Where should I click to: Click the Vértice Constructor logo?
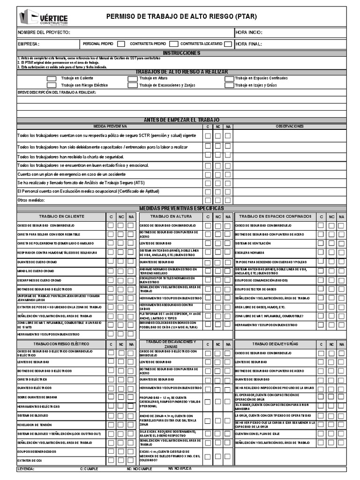tap(44, 18)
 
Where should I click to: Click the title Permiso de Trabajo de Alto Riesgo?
tap(181, 17)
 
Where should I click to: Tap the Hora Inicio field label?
tap(249, 32)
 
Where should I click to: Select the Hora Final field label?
tap(249, 44)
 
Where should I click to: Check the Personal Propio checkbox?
tap(121, 44)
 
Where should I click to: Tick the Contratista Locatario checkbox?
tap(228, 44)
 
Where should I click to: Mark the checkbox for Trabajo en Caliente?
tap(51, 78)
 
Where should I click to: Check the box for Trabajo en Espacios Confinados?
tap(229, 78)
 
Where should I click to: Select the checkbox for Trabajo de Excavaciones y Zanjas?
tap(132, 85)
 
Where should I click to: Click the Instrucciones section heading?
tap(181, 53)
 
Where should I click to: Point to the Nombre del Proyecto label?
tap(44, 32)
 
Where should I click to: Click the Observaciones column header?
tap(289, 126)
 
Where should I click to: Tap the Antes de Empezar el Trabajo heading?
tap(181, 120)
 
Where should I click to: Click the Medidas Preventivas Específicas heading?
tap(181, 208)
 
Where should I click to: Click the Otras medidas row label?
tap(31, 200)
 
